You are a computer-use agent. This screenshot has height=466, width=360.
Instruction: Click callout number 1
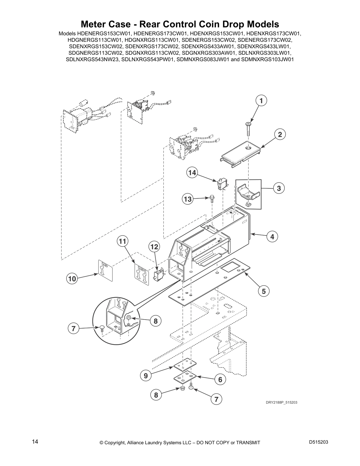tap(261, 101)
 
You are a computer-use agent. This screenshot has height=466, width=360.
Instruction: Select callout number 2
tap(280, 134)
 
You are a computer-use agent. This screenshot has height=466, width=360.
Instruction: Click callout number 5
tap(264, 291)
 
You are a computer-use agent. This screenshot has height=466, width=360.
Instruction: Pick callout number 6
tap(220, 380)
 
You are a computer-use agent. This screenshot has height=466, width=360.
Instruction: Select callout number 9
tap(146, 376)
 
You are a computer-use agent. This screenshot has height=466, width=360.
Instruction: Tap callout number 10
tap(72, 279)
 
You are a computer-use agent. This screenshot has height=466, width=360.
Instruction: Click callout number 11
tap(122, 242)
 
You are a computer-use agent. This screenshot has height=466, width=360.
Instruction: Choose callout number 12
tap(155, 247)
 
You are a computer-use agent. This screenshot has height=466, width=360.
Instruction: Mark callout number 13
tap(188, 199)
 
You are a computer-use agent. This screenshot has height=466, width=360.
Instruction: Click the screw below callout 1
tap(248, 129)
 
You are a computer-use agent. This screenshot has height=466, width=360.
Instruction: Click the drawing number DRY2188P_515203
tap(279, 402)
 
